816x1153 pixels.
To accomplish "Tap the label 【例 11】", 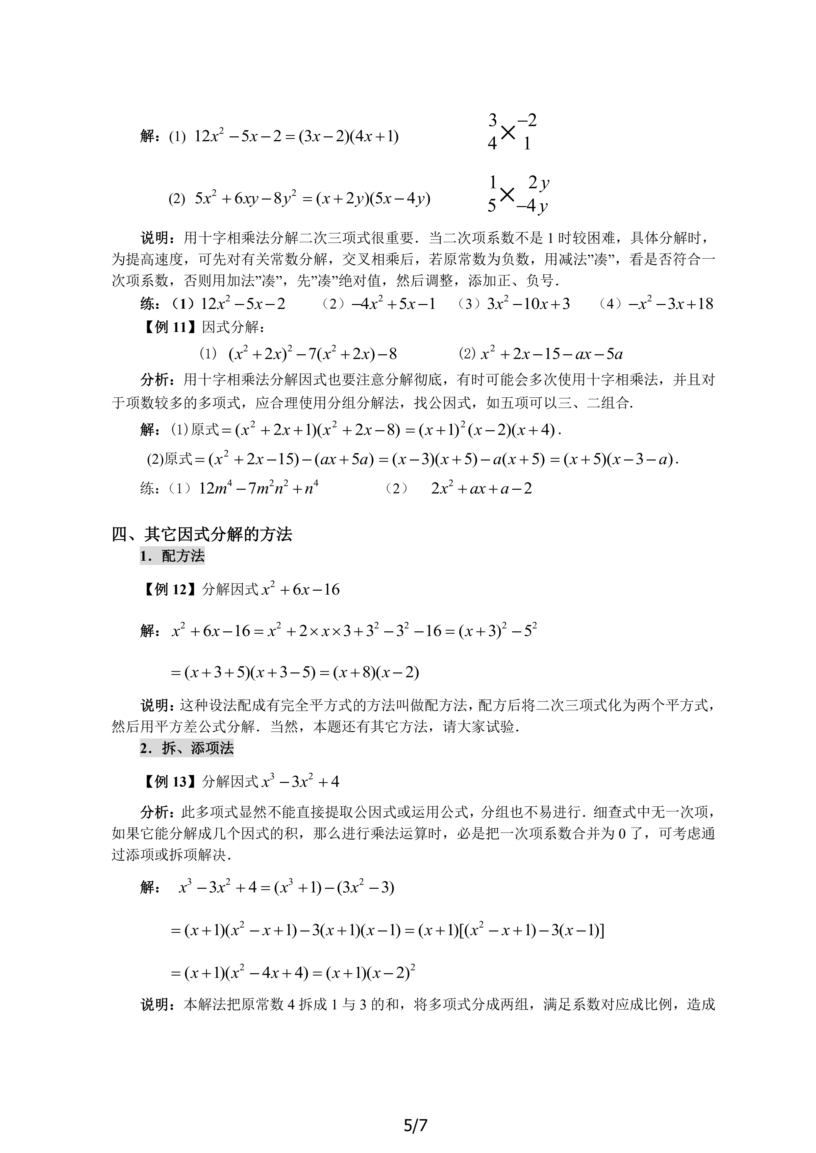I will tap(169, 327).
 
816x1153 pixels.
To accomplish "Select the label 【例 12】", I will tap(169, 589).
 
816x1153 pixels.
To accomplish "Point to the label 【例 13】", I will tap(169, 781).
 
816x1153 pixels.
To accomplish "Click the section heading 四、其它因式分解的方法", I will tap(202, 534).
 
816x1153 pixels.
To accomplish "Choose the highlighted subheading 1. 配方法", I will tap(172, 556).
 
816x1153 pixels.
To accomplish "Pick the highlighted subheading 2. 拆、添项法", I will tap(187, 748).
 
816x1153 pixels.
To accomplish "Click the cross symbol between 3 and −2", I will tap(508, 132).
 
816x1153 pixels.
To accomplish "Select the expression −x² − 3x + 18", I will tap(670, 304).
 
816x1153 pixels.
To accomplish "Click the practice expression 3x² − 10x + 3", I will tap(528, 304).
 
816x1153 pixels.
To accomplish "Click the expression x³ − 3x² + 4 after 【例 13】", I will tap(301, 781).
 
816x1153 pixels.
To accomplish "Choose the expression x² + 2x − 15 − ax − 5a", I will tap(551, 354).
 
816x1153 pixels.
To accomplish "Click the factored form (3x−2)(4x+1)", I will tap(348, 137).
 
